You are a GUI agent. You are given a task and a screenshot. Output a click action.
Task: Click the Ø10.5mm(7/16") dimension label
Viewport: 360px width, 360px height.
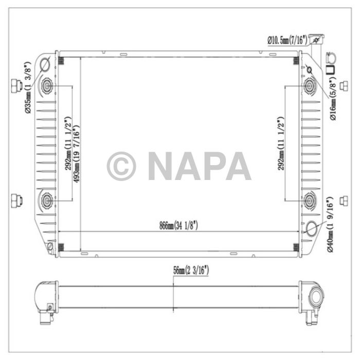coord(287,39)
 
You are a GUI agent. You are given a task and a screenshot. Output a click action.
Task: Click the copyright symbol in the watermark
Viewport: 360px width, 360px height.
coord(121,166)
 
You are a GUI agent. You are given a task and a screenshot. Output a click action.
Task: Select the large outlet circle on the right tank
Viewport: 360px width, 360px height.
coord(312,228)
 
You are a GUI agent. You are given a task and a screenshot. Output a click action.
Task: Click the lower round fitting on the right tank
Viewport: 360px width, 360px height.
coord(310,200)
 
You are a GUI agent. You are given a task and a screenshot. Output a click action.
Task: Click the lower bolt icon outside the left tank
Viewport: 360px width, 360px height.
coord(15,199)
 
